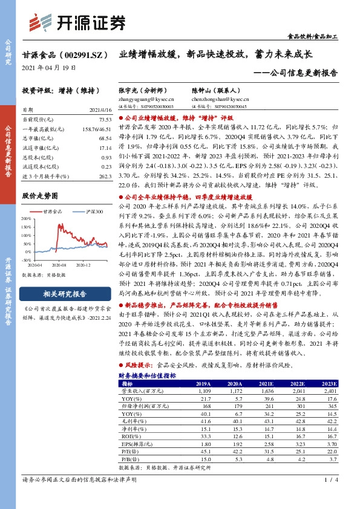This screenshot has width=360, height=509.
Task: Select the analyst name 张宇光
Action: (128, 89)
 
